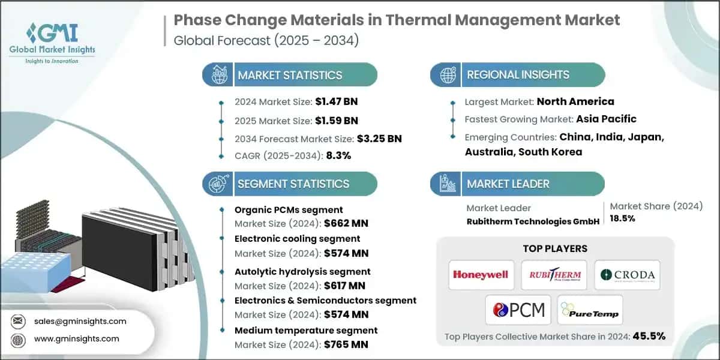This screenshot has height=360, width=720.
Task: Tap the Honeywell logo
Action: click(480, 275)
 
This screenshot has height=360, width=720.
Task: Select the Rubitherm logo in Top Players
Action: click(554, 275)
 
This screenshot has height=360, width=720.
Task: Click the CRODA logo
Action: click(627, 275)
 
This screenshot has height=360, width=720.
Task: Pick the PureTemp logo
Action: click(590, 310)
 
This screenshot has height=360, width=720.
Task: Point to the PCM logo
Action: click(517, 310)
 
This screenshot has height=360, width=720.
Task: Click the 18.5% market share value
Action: click(623, 218)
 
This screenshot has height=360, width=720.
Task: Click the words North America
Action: click(575, 101)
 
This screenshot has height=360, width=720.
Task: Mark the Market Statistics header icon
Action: click(217, 75)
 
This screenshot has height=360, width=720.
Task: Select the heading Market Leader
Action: click(508, 184)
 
